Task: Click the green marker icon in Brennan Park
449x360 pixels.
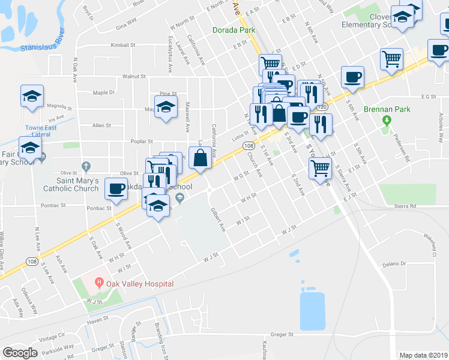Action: point(386,121)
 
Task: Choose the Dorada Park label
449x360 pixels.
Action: point(234,30)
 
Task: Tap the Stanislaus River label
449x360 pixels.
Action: point(41,45)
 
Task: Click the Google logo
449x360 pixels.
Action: point(20,353)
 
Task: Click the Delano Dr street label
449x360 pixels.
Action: point(394,264)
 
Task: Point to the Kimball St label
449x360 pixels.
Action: point(124,46)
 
